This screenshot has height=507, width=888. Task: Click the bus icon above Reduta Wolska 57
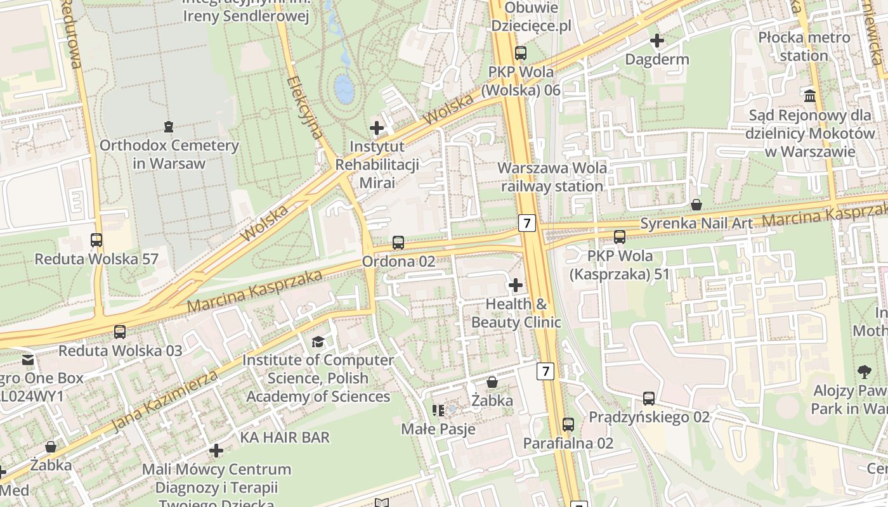pos(96,240)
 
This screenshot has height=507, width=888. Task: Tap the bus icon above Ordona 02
pos(398,242)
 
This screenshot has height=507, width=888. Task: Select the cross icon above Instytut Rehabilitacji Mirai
pos(377,128)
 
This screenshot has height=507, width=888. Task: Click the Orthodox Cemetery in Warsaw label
pos(169,154)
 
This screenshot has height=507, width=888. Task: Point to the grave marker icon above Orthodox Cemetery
pos(168,127)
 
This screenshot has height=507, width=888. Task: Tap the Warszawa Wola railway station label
pos(552,177)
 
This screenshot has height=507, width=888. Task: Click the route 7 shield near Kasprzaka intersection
pos(527,223)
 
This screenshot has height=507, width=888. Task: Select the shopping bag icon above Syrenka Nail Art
pos(696,205)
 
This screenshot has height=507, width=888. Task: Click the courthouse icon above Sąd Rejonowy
pos(810,96)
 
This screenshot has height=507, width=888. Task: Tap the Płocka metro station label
pos(804,46)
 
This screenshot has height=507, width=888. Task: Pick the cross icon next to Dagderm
pos(657,41)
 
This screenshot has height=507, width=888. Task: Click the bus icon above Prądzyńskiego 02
pos(649,399)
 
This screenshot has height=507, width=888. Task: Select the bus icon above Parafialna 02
pos(568,425)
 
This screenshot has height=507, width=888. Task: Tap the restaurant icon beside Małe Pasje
pos(438,411)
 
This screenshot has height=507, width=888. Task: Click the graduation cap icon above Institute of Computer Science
pos(318,342)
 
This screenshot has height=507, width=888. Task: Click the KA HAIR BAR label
pos(285,437)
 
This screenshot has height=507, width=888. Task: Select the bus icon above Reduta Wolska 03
pos(120,331)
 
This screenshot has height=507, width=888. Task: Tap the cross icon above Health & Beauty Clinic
pos(516,285)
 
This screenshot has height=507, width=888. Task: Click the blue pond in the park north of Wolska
pos(344,89)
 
